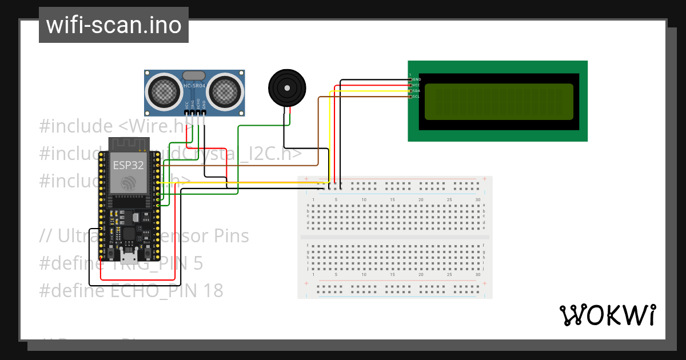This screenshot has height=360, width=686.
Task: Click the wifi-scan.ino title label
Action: point(113,25)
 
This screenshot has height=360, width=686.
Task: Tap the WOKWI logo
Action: point(607,315)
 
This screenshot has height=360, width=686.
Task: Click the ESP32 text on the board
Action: point(127,165)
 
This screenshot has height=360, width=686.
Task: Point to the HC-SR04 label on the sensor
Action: point(194,86)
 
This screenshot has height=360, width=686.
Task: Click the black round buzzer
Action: point(287,87)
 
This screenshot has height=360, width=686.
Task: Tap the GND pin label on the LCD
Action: point(417,79)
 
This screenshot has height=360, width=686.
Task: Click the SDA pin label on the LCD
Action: point(417,91)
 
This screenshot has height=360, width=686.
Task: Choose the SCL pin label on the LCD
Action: point(417,97)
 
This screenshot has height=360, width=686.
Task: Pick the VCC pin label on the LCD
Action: point(417,85)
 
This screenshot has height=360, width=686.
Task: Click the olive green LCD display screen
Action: point(498,102)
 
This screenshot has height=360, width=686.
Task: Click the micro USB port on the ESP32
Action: point(129,251)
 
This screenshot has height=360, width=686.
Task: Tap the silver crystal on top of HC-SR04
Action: point(194,75)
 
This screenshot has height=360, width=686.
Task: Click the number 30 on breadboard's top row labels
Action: point(477,199)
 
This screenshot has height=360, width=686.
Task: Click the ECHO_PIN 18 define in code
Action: point(166,291)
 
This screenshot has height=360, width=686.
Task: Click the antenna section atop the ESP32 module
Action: point(129,143)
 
